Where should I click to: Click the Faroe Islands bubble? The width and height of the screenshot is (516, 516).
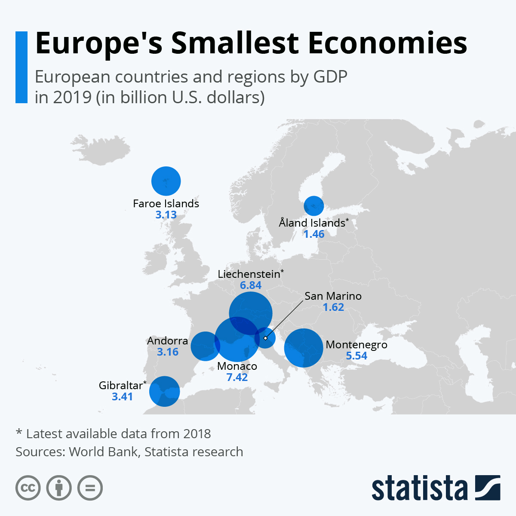pos(166,181)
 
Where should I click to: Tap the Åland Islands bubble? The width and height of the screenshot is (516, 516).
pos(314,206)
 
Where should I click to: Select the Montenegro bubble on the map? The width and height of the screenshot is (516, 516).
pos(304,348)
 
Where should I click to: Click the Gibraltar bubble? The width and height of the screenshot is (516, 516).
pos(164,391)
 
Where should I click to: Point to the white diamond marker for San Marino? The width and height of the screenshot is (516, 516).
pos(265,338)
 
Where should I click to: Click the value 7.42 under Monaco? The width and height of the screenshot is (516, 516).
pos(237,378)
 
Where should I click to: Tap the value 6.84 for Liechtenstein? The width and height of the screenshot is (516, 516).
pos(251,286)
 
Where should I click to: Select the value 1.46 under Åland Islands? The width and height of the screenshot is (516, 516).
pos(314,234)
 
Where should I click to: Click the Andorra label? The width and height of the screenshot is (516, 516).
pos(167,341)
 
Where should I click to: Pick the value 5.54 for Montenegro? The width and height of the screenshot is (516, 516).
pos(356,356)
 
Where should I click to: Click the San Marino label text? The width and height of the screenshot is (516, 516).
pos(333,296)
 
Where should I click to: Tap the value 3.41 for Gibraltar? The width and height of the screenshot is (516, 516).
pos(122,397)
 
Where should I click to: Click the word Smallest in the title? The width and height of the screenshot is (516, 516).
pos(234,43)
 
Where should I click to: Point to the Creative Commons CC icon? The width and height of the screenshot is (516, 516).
pos(28,488)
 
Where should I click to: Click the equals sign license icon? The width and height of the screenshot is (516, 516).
pos(90,488)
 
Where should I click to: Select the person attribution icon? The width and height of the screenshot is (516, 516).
pos(59,488)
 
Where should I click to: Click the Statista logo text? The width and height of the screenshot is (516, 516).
pos(419,488)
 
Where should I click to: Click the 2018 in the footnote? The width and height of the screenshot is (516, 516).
pos(197,434)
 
